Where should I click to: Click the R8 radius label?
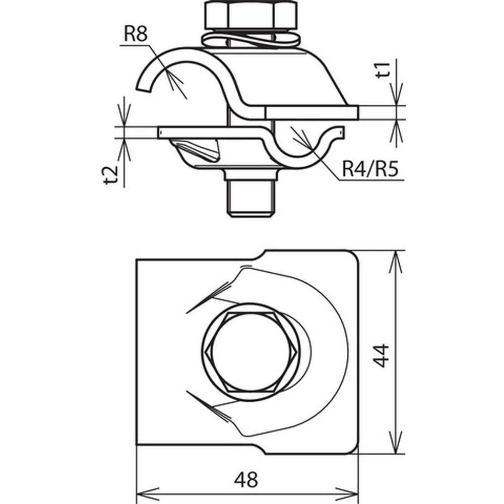[x=136, y=34]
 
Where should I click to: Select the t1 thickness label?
[x=383, y=70]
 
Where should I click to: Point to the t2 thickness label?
[x=111, y=175]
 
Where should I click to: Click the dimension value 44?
[x=381, y=355]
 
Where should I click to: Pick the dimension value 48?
[x=246, y=480]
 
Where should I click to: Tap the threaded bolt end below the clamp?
[x=251, y=198]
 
